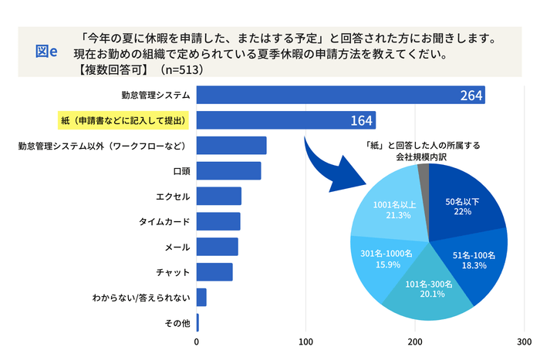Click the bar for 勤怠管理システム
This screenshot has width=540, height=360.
click(339, 95)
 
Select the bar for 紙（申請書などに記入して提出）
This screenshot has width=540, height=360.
click(285, 120)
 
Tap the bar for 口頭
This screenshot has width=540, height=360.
click(228, 170)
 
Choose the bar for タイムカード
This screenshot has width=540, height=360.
click(218, 221)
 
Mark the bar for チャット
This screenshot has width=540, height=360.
click(214, 272)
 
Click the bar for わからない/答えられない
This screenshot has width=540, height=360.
click(201, 298)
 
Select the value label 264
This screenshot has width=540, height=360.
click(471, 96)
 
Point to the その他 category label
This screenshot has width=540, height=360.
click(177, 323)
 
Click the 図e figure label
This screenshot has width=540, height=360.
click(48, 51)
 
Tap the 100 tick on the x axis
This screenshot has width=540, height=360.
click(306, 341)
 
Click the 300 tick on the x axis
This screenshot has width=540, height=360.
click(525, 341)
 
